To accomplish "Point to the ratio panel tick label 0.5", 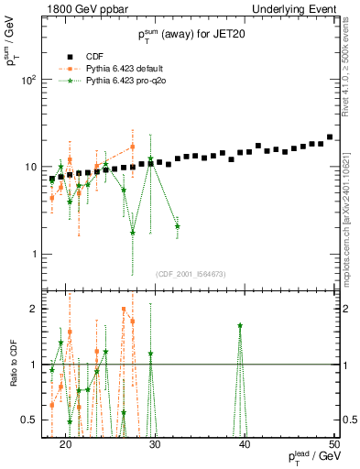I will pos(33,420).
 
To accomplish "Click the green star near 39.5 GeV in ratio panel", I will pos(240,325).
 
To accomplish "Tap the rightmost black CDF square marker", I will pos(330,137).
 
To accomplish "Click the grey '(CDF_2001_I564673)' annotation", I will pos(191,274).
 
